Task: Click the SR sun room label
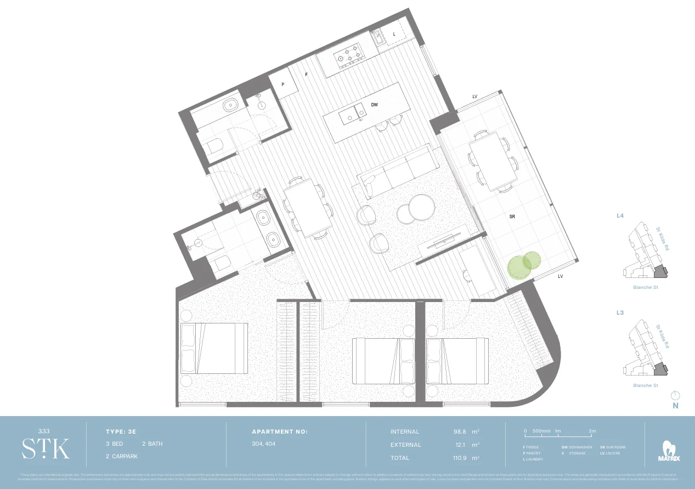click(x=512, y=217)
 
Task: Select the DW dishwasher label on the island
click(x=374, y=104)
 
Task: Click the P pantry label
click(x=283, y=85)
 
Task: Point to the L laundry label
click(x=394, y=35)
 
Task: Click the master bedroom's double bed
click(x=214, y=349)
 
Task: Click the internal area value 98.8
click(x=456, y=432)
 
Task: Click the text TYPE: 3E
click(x=124, y=431)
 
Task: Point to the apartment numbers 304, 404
click(x=263, y=444)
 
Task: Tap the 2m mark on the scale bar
click(x=592, y=431)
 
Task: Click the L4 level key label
click(x=620, y=217)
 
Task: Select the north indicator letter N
click(x=675, y=406)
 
